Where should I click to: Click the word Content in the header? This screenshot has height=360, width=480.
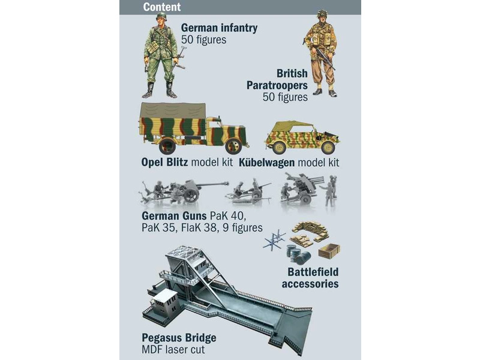tap(161, 7)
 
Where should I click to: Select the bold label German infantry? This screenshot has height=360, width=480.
tap(219, 28)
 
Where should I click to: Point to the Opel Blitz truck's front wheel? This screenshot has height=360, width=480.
tap(234, 145)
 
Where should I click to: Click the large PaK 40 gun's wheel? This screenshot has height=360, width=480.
tap(191, 193)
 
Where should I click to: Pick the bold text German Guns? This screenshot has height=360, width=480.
tap(171, 216)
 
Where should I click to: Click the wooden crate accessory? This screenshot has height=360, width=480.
tap(329, 250)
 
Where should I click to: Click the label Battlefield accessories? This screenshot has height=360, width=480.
tap(310, 278)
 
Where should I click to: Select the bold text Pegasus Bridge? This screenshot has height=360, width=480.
tap(179, 337)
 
